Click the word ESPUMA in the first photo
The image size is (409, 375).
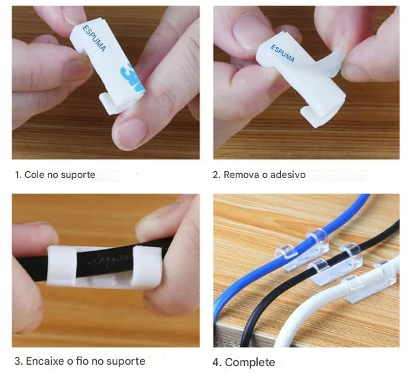(x=95, y=38)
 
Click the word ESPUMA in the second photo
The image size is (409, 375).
(x=283, y=53)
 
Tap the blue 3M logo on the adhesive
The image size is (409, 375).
(x=132, y=78)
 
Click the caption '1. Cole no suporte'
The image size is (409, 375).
(x=55, y=175)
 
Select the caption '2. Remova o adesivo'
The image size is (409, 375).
(x=259, y=175)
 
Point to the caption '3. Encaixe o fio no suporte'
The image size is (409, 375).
(x=80, y=361)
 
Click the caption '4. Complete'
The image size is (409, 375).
(x=243, y=362)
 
